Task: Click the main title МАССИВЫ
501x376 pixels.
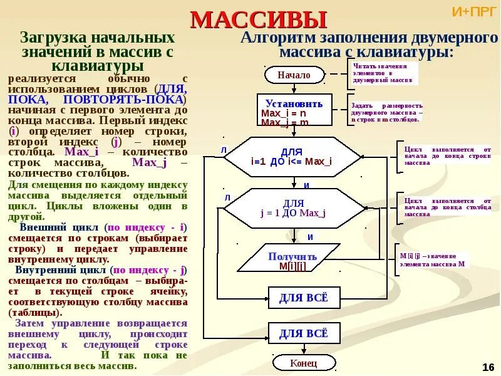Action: point(258,20)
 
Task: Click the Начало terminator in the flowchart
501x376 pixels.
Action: point(294,75)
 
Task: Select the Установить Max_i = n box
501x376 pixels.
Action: point(294,112)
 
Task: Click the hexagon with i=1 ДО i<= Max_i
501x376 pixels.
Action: point(292,157)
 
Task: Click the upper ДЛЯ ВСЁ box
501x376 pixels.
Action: point(303,297)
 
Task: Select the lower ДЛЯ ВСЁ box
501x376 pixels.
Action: point(303,333)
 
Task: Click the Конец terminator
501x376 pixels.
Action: point(304,363)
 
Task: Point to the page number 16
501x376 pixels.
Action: point(488,367)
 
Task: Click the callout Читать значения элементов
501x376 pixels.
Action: point(383,73)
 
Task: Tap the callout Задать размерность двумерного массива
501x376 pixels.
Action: point(386,112)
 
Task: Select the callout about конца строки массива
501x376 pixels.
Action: point(447,155)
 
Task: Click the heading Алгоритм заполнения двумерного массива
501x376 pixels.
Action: point(366,44)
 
